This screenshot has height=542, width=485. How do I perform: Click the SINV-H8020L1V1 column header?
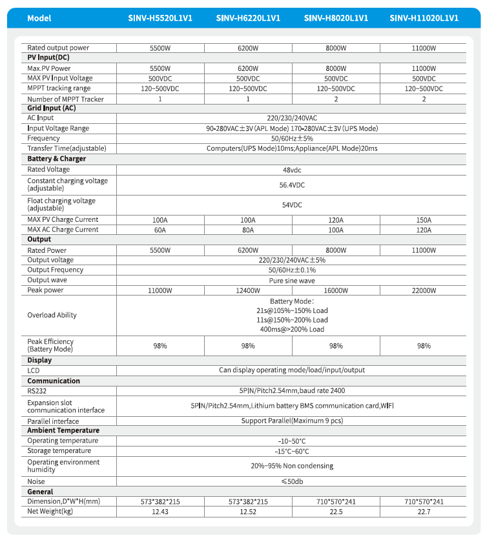pos(336,18)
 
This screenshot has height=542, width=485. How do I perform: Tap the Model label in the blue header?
pos(39,18)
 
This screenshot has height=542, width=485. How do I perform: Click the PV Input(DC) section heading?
pos(48,58)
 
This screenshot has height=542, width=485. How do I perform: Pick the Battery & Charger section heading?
pos(56,159)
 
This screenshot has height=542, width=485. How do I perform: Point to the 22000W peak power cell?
pos(424,290)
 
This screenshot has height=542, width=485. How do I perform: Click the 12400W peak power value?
pos(248,290)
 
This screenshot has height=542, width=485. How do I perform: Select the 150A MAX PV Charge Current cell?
pos(424,220)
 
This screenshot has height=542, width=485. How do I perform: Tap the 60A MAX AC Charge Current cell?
pos(160,230)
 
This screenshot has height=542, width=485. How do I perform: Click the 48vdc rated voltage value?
pos(292,170)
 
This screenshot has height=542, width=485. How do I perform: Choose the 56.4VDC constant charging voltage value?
pos(292,185)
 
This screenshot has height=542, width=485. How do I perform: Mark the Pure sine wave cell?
pos(292,281)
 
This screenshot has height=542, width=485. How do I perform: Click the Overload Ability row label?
pos(52,316)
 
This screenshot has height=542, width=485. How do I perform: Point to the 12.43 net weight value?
pos(160,512)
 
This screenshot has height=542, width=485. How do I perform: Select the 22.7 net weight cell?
pos(424,512)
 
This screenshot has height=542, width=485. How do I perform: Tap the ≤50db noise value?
pos(292,481)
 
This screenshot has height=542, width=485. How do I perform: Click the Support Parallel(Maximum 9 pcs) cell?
pos(292,421)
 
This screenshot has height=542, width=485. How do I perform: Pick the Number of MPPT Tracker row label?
pos(65,99)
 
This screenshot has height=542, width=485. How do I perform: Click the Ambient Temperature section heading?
pos(63,430)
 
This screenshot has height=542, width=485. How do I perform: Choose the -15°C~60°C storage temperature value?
pos(292,451)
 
